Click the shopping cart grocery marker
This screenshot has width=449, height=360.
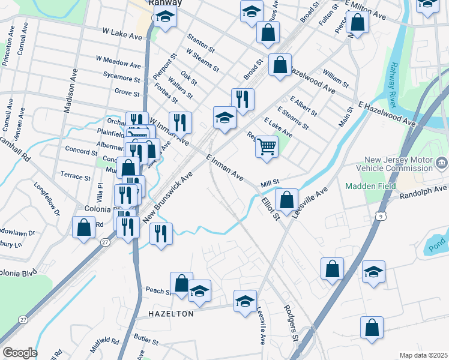point(267,146)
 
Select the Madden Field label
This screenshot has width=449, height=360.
point(367,186)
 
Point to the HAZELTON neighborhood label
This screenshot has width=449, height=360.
point(171,314)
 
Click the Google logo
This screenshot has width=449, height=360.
point(20,353)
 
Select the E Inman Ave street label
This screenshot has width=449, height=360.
point(224,168)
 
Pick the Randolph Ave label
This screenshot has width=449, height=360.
point(423,191)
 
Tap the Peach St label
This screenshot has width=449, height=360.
point(158,290)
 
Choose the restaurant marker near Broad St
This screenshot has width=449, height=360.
point(243,100)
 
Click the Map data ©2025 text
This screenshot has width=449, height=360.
point(423,355)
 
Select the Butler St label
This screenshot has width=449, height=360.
point(145,340)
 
